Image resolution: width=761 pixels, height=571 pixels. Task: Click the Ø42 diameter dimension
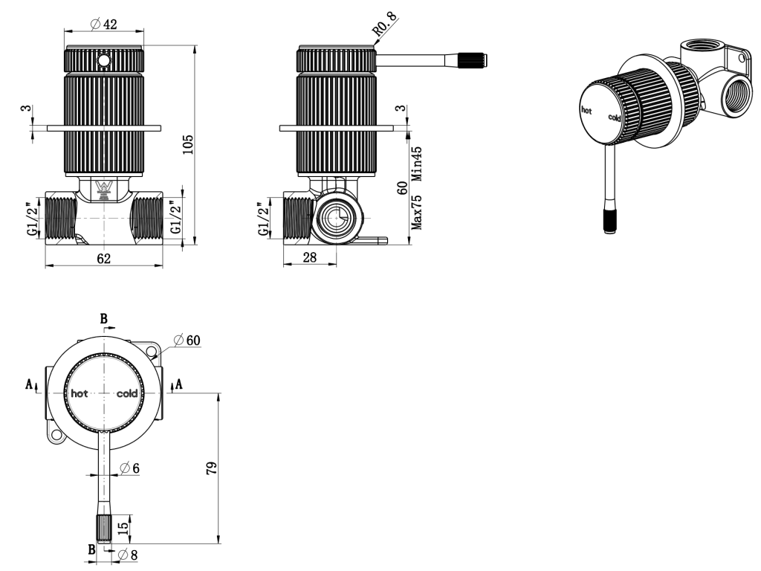[104, 24]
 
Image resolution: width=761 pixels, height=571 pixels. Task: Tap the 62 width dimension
[104, 258]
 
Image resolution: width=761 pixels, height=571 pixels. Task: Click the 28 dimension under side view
[309, 258]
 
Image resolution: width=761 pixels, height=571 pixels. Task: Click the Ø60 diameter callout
[187, 340]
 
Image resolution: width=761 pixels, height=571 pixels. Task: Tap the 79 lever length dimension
[212, 468]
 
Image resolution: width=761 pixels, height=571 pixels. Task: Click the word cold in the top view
[127, 393]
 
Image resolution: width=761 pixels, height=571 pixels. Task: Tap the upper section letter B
[104, 318]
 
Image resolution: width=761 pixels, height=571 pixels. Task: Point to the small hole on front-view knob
[105, 59]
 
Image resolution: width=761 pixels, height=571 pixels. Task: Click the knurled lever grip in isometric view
[609, 222]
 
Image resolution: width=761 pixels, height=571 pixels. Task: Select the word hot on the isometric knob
[586, 109]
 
